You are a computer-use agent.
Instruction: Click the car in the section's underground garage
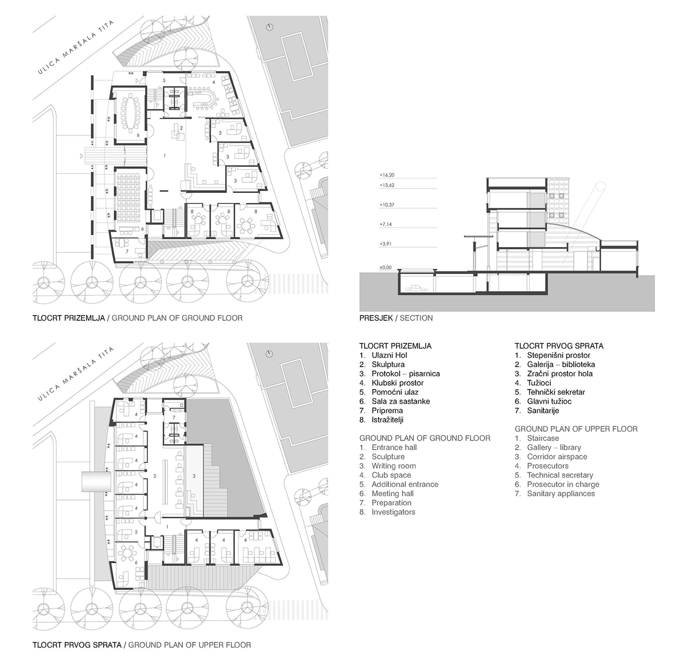pos(414,289)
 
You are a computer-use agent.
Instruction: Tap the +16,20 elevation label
pos(387,175)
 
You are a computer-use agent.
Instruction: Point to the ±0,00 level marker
pos(385,268)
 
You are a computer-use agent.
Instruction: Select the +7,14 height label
pos(385,224)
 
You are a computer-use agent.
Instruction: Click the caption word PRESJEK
pos(376,318)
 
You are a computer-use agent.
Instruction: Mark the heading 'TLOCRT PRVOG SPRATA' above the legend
pos(559,346)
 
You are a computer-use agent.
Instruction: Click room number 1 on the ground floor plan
pos(165,155)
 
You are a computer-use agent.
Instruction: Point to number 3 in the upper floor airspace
pos(194,476)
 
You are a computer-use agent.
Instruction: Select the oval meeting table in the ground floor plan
pos(130,112)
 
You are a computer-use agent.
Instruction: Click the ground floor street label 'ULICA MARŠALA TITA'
pos(76,47)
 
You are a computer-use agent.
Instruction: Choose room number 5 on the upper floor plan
pos(136,532)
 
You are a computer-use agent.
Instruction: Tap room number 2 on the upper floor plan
pos(155,476)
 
